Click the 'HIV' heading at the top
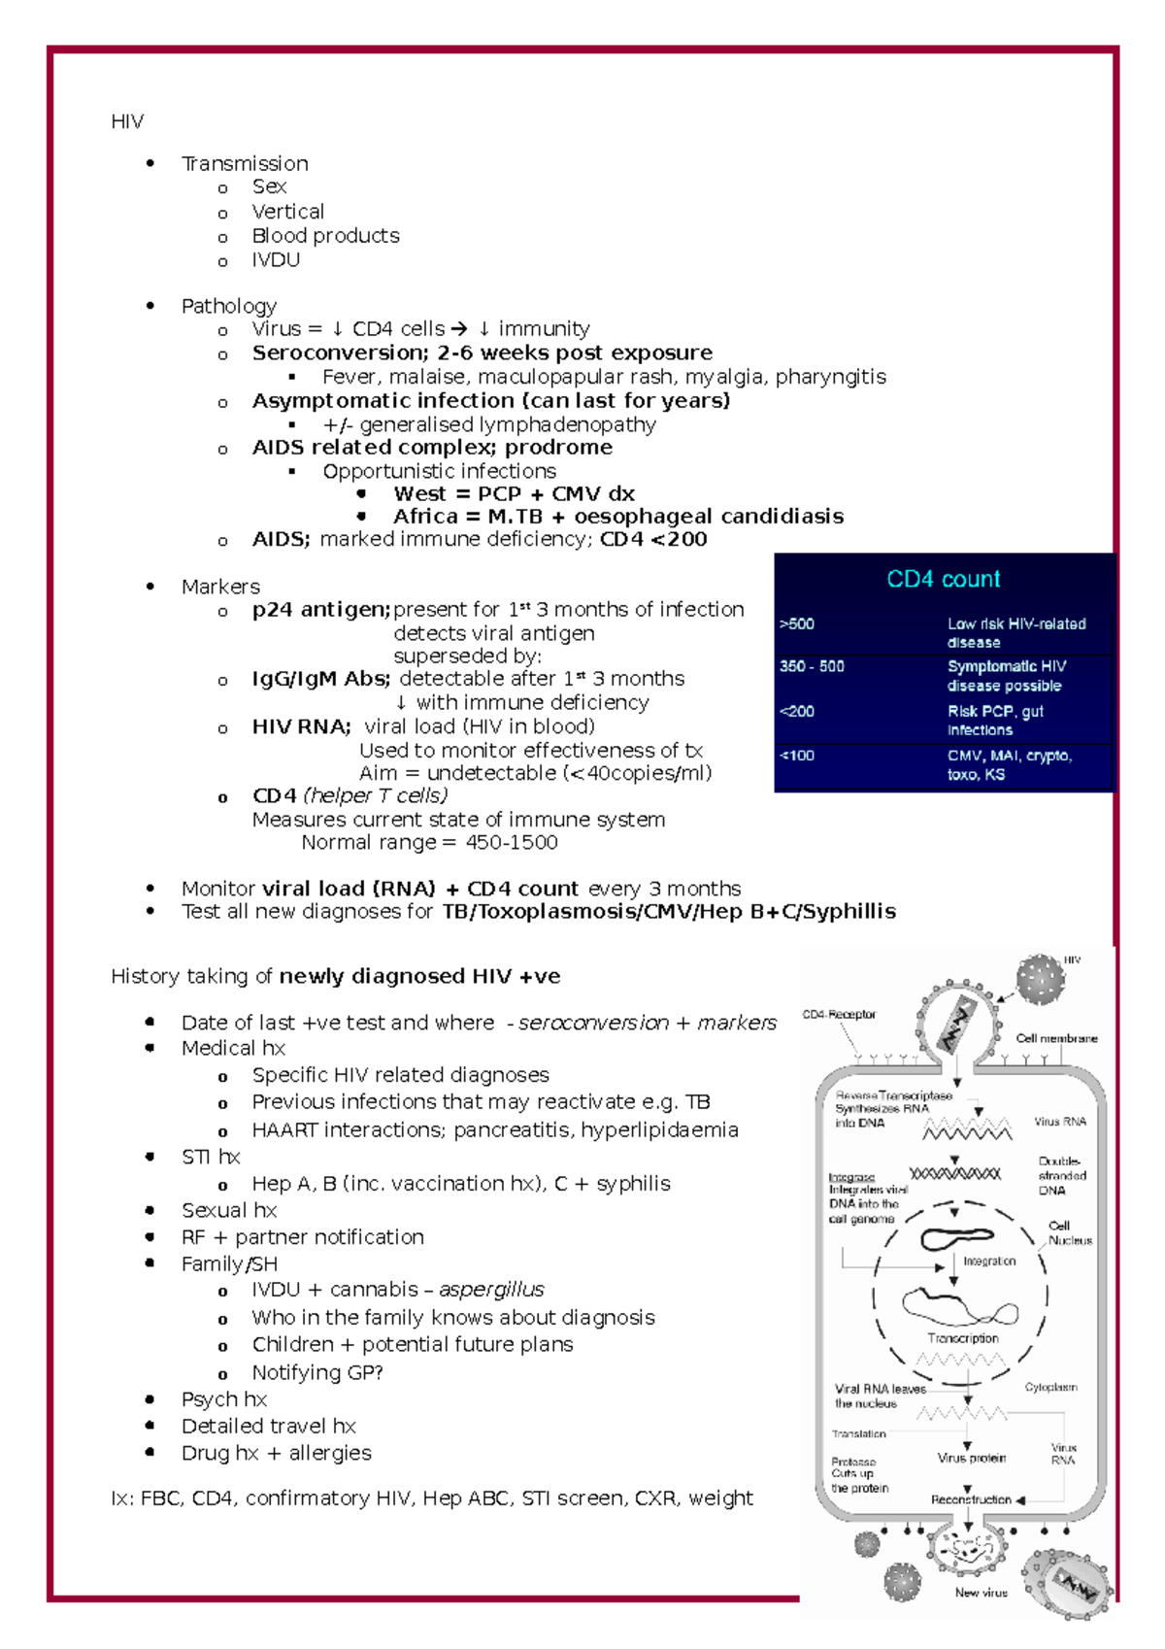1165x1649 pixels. click(127, 121)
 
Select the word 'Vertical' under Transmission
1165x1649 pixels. click(287, 212)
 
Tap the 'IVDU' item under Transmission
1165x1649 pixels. click(276, 260)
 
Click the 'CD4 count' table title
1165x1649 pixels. click(943, 579)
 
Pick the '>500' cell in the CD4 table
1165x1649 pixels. click(797, 624)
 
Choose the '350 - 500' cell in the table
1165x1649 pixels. click(812, 666)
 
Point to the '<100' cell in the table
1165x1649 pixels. click(797, 756)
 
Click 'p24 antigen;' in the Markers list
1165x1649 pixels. click(320, 610)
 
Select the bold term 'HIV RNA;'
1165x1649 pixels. click(301, 726)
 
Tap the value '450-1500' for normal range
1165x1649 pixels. click(512, 843)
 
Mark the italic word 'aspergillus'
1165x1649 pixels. click(491, 1290)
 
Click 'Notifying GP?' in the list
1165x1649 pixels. click(317, 1372)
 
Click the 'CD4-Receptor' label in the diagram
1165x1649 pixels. click(839, 1015)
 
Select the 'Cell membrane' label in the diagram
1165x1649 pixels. click(1056, 1038)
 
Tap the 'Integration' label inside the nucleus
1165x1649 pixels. click(989, 1262)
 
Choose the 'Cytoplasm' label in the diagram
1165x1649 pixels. click(1050, 1388)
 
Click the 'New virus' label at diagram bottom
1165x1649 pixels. click(981, 1593)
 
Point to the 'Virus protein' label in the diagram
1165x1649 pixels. click(971, 1458)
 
